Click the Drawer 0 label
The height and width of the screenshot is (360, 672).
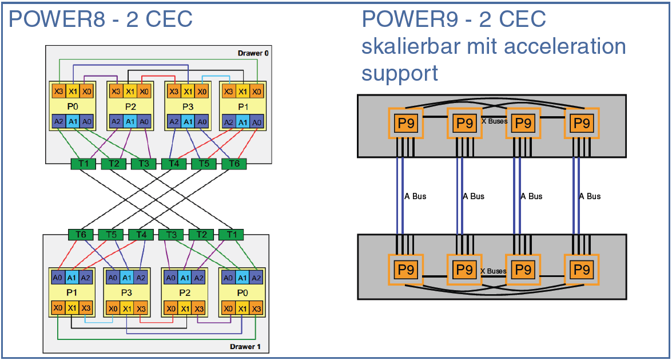pos(253,53)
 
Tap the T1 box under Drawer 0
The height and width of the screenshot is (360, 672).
pos(83,164)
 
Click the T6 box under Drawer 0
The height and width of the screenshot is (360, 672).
pos(233,164)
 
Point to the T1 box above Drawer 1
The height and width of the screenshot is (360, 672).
pos(231,235)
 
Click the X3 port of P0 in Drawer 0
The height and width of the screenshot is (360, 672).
pos(58,91)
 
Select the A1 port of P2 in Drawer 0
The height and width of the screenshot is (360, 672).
pos(130,121)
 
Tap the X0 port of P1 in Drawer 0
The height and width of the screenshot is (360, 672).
pos(257,91)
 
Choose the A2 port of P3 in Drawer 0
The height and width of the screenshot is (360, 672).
pos(174,121)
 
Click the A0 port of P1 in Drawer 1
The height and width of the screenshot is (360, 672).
pos(58,278)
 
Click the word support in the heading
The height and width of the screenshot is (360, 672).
pos(400,73)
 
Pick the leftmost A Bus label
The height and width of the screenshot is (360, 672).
pos(415,196)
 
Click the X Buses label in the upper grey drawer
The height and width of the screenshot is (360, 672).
pos(494,122)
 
